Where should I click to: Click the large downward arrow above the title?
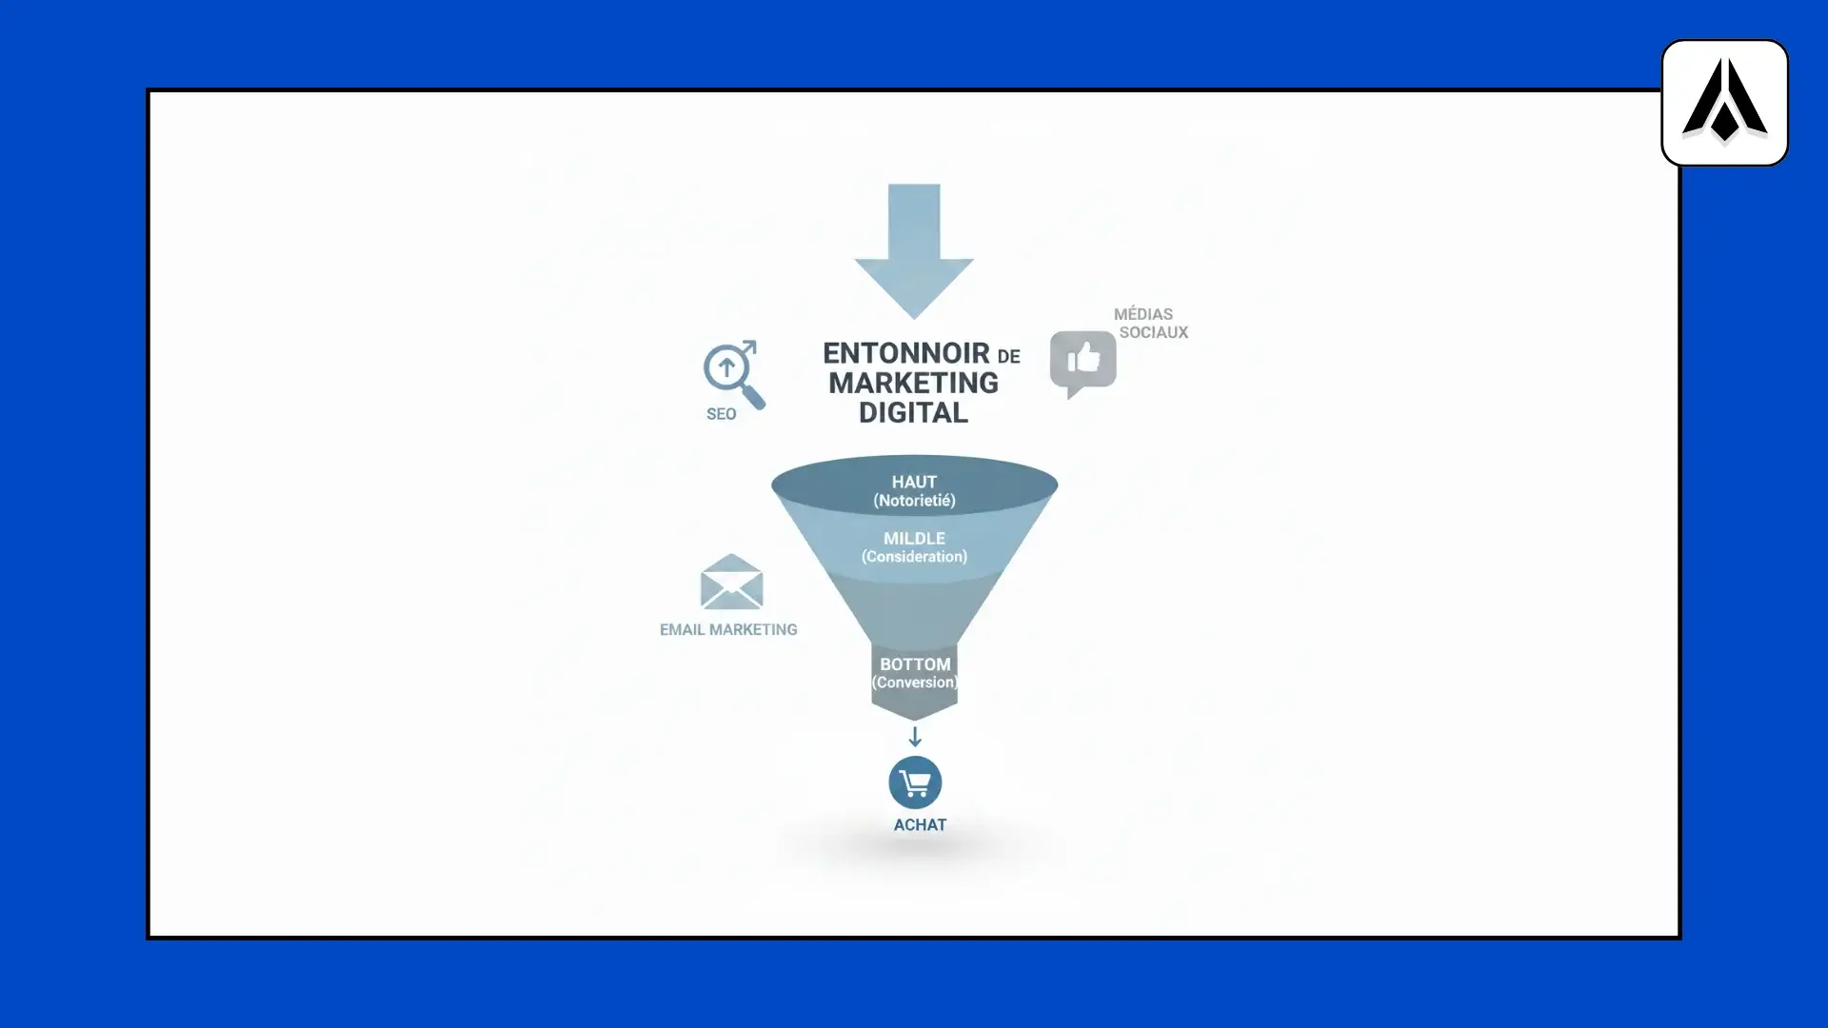click(x=914, y=249)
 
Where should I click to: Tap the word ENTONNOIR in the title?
click(x=893, y=353)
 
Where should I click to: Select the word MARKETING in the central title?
click(x=913, y=383)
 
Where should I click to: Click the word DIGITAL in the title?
click(x=913, y=412)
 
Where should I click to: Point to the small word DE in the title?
click(x=1008, y=357)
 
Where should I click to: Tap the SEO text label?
click(x=721, y=414)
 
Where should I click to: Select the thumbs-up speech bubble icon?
click(x=1083, y=362)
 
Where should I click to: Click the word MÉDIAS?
click(x=1142, y=314)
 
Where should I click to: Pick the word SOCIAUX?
click(x=1153, y=332)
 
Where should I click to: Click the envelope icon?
click(x=731, y=582)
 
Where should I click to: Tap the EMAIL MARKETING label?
click(x=728, y=629)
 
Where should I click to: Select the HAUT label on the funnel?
click(x=914, y=482)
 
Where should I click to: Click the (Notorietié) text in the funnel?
click(x=914, y=501)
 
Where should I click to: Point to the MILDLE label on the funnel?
click(x=914, y=538)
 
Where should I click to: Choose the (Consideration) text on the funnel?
click(x=914, y=557)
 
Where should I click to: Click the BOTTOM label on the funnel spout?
click(x=914, y=664)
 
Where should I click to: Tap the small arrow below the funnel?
click(x=914, y=737)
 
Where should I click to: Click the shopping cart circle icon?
click(x=915, y=782)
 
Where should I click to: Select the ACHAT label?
click(x=920, y=825)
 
